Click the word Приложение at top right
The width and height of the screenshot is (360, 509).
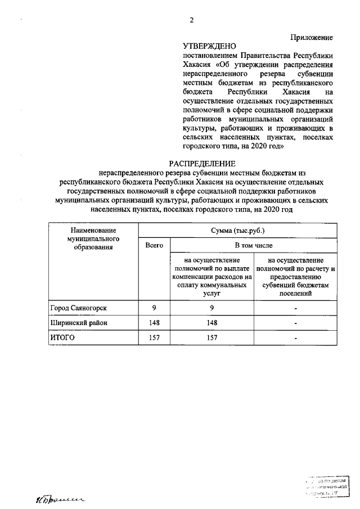click(311, 37)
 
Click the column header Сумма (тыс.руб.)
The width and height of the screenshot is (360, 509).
click(237, 231)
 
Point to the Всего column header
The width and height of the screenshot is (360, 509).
click(154, 246)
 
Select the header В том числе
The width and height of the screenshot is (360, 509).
click(253, 246)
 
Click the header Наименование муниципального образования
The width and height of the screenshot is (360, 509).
click(93, 238)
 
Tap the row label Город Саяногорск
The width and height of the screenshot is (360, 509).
click(78, 308)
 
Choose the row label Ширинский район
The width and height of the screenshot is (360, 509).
click(78, 323)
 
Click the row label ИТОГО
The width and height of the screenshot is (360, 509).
click(63, 338)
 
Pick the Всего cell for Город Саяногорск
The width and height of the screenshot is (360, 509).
click(154, 308)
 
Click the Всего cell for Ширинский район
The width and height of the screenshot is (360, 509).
click(154, 323)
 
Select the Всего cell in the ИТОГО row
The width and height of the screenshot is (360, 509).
click(154, 338)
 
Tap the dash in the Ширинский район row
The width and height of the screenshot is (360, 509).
click(295, 323)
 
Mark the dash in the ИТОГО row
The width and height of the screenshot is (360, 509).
click(295, 339)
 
